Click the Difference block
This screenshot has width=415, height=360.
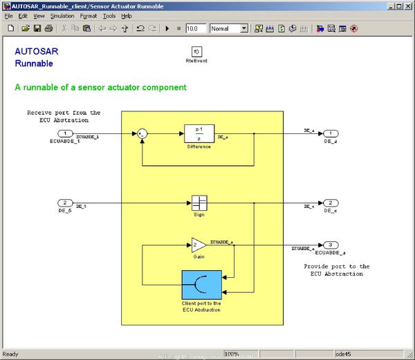point(198,134)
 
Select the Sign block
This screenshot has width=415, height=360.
point(199,203)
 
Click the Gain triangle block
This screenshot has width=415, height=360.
point(198,245)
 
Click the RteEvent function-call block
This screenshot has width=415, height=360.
point(196,52)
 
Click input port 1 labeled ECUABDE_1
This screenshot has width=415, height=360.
point(64,133)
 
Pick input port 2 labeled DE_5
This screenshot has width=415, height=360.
point(64,203)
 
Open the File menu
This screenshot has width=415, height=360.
point(8,15)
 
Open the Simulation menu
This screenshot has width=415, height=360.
point(63,15)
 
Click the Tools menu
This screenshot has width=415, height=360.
point(109,15)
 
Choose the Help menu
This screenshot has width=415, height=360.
point(127,15)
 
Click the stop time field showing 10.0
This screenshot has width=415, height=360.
point(196,29)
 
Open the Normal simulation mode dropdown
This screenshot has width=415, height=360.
point(229,29)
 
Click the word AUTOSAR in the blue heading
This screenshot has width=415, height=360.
point(31,51)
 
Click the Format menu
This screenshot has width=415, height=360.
point(88,15)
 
